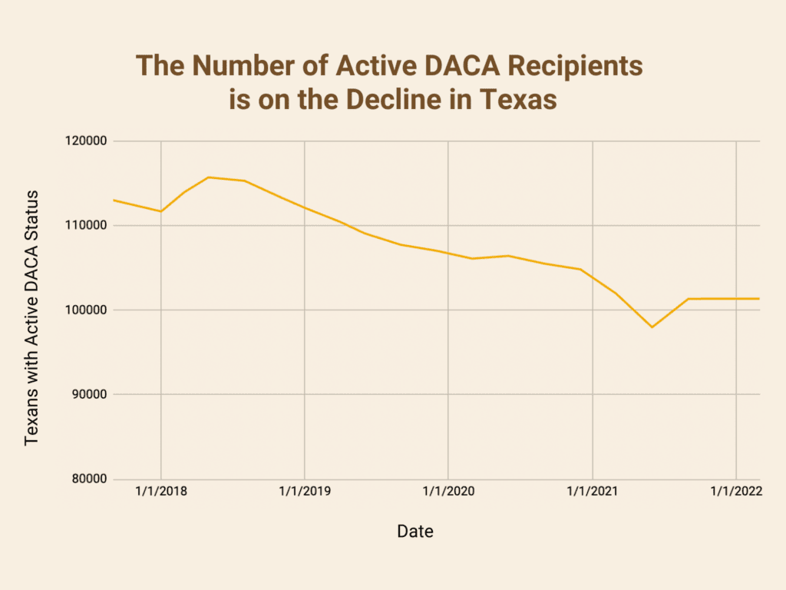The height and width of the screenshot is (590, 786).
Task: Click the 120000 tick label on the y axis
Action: pyautogui.click(x=87, y=141)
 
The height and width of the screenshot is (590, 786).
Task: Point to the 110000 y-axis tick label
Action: pyautogui.click(x=87, y=226)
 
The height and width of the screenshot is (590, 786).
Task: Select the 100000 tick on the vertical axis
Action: pyautogui.click(x=87, y=310)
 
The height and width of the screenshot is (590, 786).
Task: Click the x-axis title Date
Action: pyautogui.click(x=415, y=531)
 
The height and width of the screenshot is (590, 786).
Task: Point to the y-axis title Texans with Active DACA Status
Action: pyautogui.click(x=31, y=318)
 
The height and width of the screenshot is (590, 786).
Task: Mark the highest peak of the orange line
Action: pyautogui.click(x=208, y=177)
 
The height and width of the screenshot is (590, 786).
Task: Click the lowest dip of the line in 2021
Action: pyautogui.click(x=652, y=327)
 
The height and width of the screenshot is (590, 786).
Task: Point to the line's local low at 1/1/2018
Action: pyautogui.click(x=160, y=211)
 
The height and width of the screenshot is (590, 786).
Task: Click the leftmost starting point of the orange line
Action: pyautogui.click(x=114, y=200)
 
